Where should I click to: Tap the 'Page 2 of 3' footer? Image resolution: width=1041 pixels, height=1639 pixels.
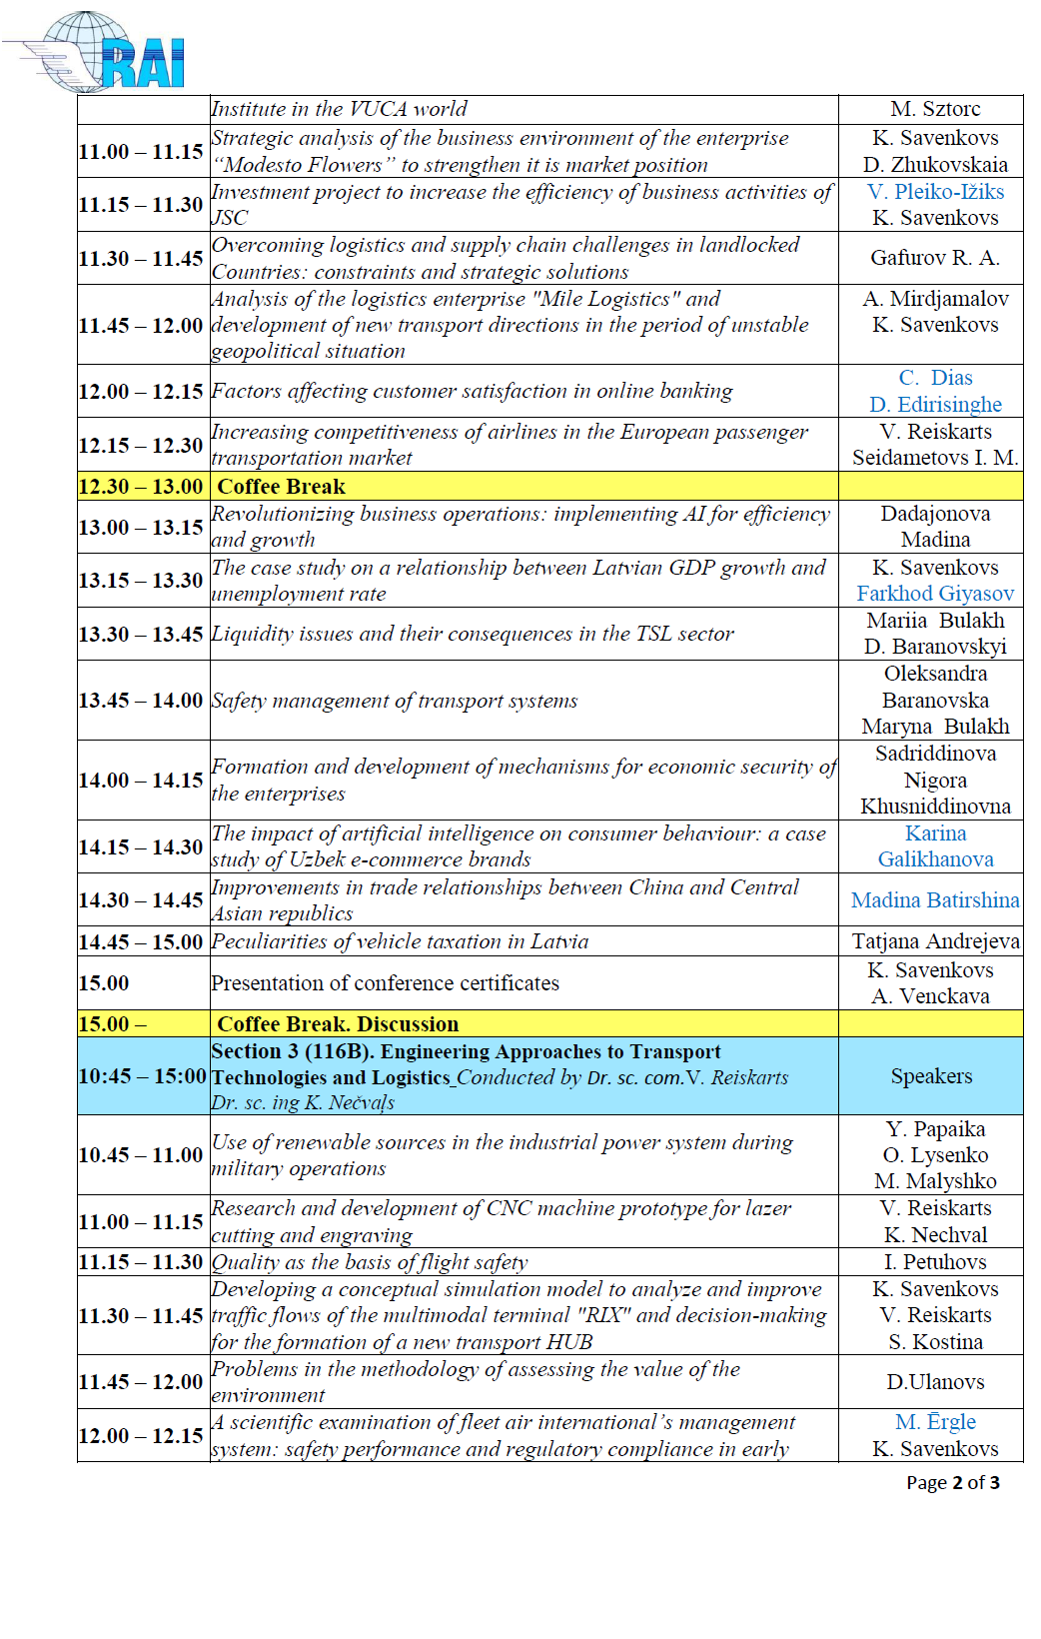(x=952, y=1482)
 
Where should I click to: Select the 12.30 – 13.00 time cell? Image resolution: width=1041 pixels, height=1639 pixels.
(x=141, y=487)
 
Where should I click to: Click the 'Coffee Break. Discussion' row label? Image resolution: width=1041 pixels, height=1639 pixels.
(x=338, y=1024)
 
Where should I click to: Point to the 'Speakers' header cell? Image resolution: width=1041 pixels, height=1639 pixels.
(x=931, y=1076)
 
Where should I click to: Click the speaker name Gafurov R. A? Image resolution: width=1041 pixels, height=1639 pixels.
(x=934, y=258)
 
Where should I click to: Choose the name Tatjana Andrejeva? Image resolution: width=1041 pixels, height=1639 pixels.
(x=935, y=941)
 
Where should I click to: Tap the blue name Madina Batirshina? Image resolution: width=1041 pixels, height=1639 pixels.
(x=934, y=900)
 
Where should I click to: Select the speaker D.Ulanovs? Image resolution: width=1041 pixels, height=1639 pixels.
(x=935, y=1382)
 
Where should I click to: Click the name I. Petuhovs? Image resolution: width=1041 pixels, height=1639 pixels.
(x=935, y=1262)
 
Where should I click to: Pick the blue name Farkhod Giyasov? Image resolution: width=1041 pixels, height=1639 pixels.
(x=934, y=594)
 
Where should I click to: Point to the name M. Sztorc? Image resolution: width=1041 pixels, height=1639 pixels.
(x=935, y=109)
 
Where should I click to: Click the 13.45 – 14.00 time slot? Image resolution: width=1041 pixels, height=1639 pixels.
(x=141, y=701)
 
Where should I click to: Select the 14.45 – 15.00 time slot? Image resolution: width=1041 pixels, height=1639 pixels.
(x=141, y=941)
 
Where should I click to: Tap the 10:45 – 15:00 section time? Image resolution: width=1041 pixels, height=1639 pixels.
(x=142, y=1076)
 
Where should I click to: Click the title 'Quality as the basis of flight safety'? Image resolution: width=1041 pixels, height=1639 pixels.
(x=370, y=1262)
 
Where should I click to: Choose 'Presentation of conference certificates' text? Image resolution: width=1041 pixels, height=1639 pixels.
(x=385, y=983)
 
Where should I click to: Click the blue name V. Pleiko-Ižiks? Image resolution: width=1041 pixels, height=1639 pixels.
(x=935, y=192)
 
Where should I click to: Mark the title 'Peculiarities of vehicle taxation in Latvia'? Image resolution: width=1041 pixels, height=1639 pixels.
(x=400, y=941)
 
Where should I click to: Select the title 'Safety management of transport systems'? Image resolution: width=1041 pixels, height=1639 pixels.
(x=395, y=701)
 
